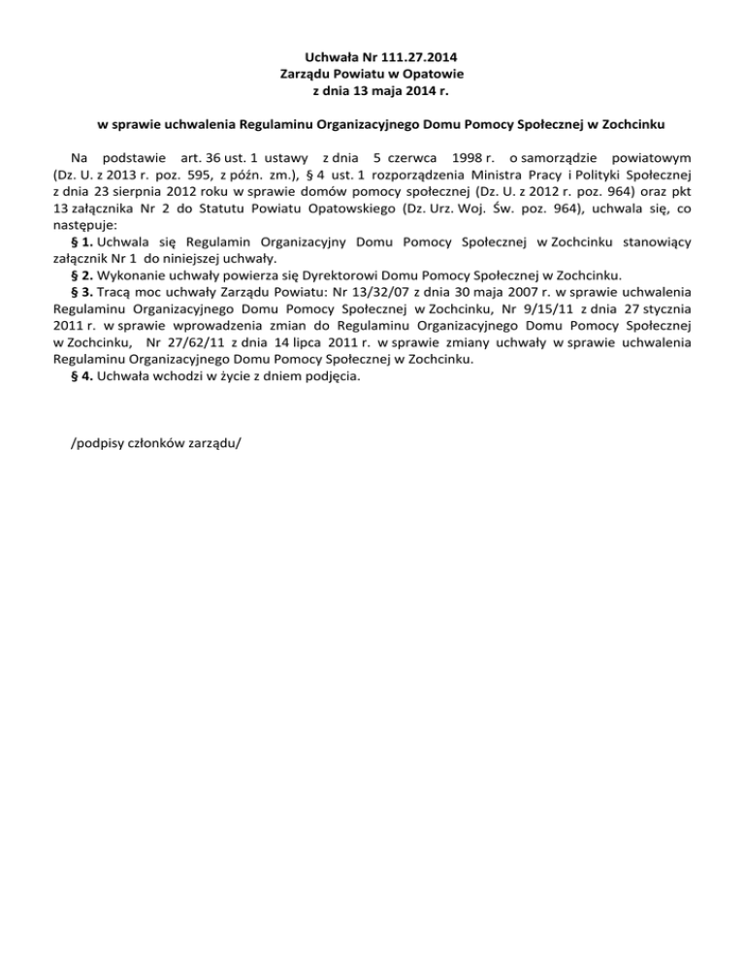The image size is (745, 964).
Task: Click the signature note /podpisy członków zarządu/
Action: [x=156, y=442]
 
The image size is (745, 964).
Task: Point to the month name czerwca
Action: [x=412, y=156]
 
